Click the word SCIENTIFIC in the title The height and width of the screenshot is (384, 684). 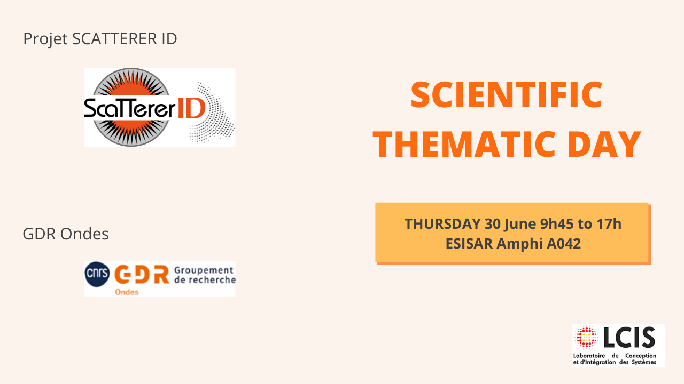point(507,94)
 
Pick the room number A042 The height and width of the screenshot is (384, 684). point(564,244)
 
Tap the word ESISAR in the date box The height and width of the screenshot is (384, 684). point(469,244)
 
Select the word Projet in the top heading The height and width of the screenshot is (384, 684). point(45,39)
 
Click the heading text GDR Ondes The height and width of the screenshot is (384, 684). point(66,234)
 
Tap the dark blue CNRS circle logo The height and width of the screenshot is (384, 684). point(97,274)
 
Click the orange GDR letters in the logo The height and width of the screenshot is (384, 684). point(142,274)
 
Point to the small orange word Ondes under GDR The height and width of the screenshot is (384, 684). point(127,292)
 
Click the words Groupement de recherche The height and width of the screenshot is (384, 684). point(205,275)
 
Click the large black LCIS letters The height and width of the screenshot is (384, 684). point(629,338)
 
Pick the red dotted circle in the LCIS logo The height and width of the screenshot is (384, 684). point(586,337)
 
